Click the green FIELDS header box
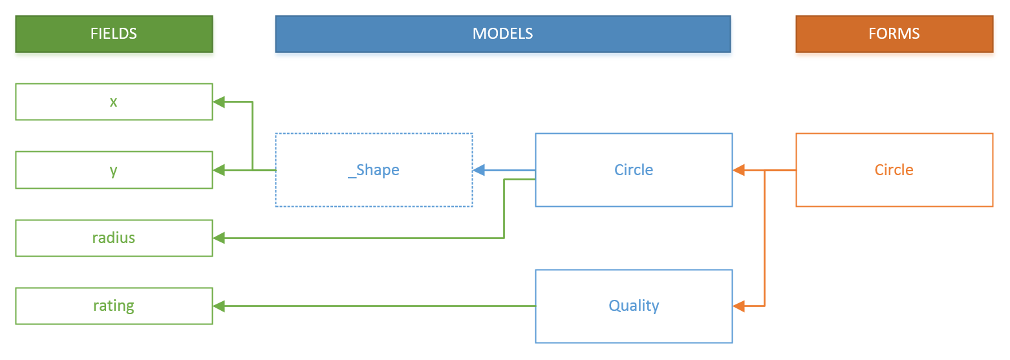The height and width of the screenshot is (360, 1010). coord(114,34)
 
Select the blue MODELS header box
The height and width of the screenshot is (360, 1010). coord(503,34)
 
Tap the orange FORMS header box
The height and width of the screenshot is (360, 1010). coord(894,34)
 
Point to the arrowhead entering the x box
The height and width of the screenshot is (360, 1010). coord(219,102)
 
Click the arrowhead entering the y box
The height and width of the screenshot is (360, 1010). coord(219,170)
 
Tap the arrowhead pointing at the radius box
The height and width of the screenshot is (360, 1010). coord(219,238)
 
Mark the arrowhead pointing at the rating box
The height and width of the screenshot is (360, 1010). coord(219,306)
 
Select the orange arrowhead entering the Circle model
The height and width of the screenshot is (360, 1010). coord(739,170)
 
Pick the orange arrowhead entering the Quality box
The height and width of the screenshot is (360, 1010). coord(739,306)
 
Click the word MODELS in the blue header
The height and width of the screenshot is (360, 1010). coord(503,34)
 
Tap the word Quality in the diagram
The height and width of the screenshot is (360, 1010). coord(634,306)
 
